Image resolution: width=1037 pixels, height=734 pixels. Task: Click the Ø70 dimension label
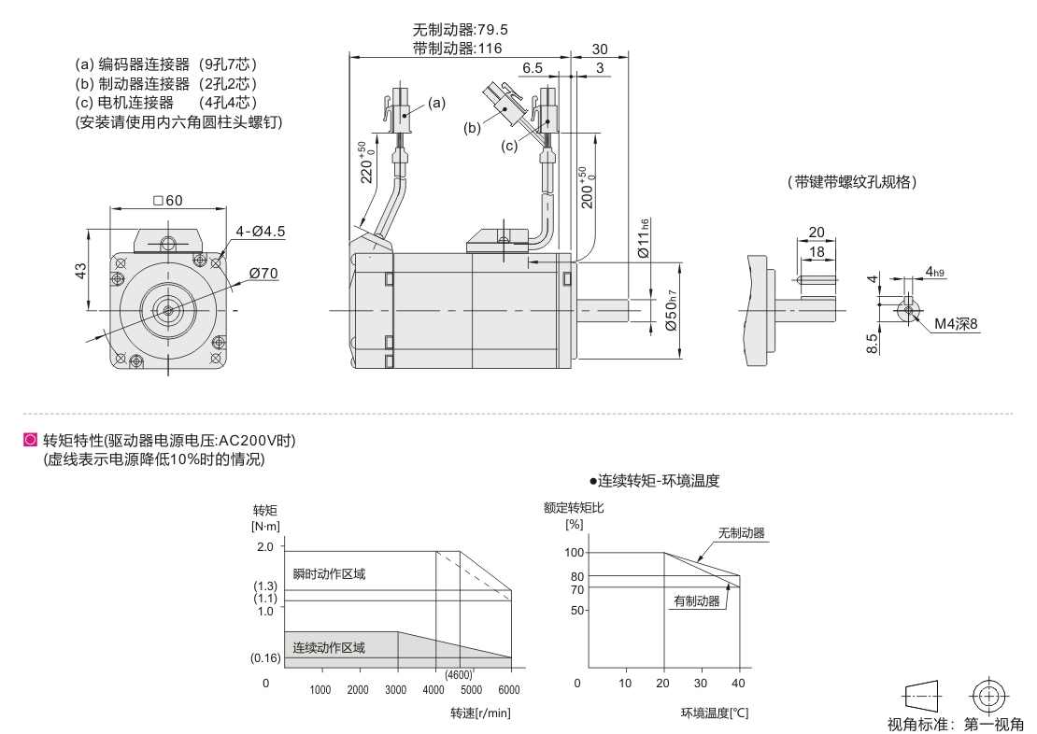(264, 274)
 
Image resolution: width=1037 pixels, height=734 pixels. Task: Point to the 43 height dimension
(81, 270)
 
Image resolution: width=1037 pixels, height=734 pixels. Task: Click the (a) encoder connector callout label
(437, 103)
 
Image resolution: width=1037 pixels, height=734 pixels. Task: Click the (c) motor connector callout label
(509, 146)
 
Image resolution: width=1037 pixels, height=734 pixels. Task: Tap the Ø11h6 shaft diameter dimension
(643, 239)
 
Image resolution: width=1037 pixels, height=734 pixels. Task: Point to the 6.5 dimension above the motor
(533, 68)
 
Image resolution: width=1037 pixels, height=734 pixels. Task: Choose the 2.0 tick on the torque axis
(265, 546)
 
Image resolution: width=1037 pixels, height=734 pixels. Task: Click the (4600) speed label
(458, 675)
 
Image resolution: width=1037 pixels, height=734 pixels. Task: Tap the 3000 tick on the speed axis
(396, 690)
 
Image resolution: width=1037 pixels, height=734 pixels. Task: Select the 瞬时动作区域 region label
(329, 573)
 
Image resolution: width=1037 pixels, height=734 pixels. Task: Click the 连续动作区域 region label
(329, 647)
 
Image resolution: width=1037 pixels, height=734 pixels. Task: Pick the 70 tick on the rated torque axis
(576, 589)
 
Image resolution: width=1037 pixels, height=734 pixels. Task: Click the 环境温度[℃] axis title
(715, 713)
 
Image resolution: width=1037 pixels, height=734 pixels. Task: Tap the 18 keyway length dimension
(816, 252)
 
